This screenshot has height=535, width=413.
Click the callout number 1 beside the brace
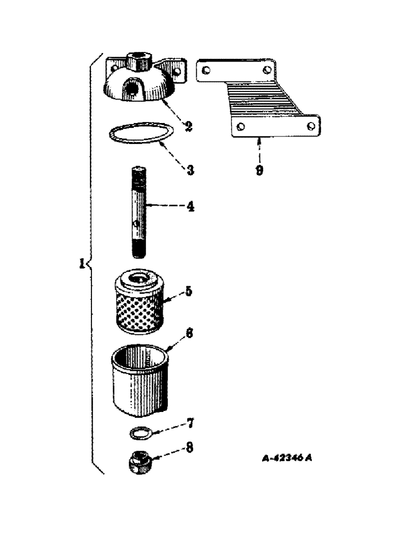click(x=81, y=264)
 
